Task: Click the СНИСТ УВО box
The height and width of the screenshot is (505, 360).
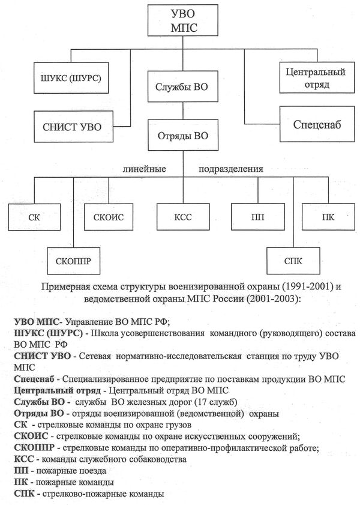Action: coord(68,126)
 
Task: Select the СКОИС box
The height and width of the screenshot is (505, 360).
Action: coord(109,217)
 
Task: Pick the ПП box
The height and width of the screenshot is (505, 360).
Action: coord(257,217)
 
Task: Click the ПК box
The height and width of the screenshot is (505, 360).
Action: coord(327,217)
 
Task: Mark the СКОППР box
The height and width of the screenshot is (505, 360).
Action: coord(73,260)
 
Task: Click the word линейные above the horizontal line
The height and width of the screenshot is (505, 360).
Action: coord(144,169)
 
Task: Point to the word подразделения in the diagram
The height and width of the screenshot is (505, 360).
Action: coord(231,169)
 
